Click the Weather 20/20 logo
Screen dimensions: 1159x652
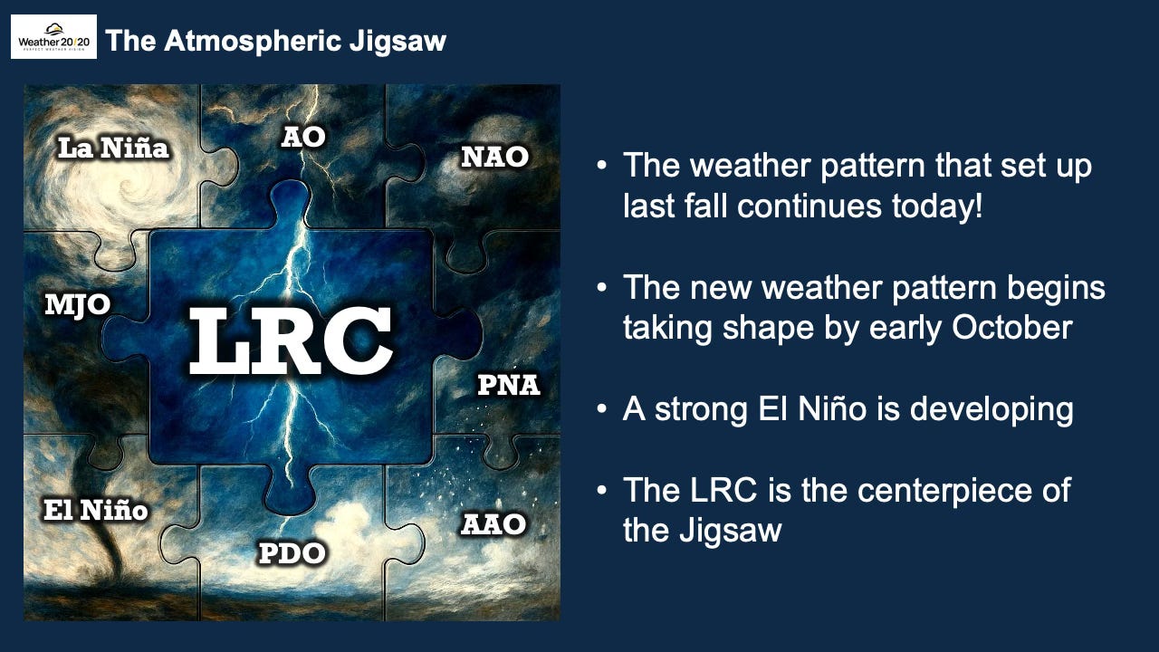pos(53,37)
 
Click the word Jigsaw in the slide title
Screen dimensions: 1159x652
pos(398,42)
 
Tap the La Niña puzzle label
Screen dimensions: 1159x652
pos(113,148)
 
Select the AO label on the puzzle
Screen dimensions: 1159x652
pos(303,138)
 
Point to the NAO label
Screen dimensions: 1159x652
pos(494,157)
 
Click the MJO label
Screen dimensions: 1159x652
pos(78,305)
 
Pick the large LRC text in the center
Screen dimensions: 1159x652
pos(291,340)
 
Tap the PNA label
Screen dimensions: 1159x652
pos(508,385)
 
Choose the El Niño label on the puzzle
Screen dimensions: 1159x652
pos(96,510)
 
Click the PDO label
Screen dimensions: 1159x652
pos(292,552)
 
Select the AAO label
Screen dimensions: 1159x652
pos(493,524)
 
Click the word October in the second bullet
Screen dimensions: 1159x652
pos(1011,327)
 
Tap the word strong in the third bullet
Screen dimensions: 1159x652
pos(701,410)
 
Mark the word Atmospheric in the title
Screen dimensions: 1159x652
pos(253,42)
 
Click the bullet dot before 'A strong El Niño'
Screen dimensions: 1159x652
pos(601,409)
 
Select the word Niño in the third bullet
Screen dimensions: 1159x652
pos(832,408)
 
